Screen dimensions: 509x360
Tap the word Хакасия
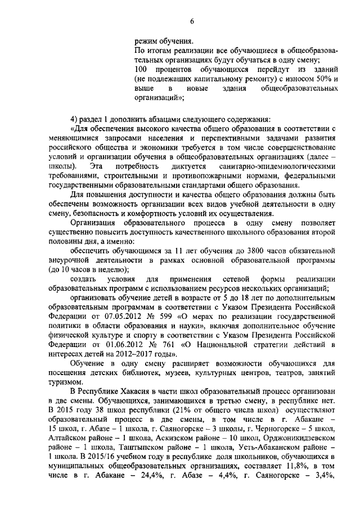click(x=138, y=391)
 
